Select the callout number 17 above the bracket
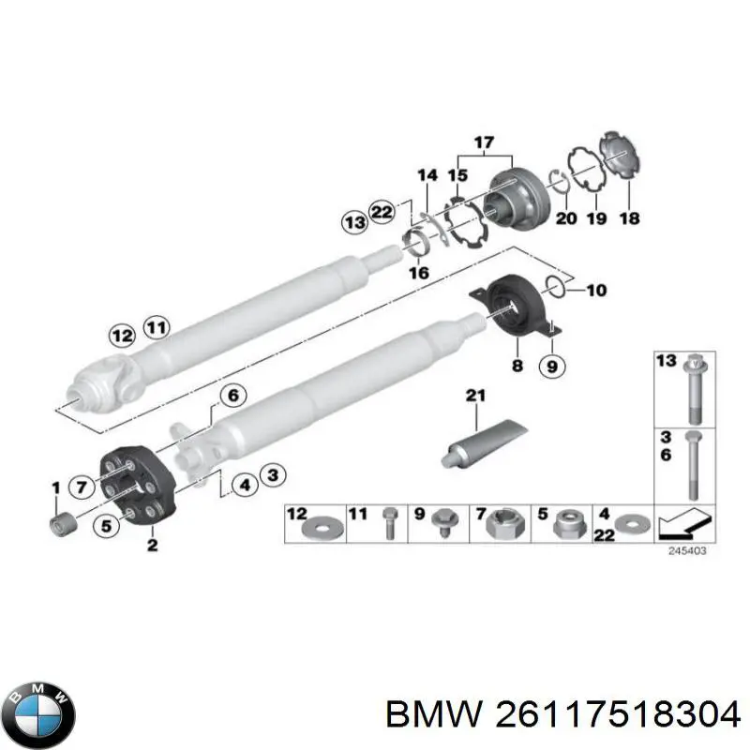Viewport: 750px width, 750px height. tap(484, 143)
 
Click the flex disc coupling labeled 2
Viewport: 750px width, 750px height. tap(133, 487)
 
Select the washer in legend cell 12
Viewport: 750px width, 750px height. tap(318, 528)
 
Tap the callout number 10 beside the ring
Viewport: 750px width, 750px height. tap(596, 290)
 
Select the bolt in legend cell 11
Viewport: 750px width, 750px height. tap(385, 526)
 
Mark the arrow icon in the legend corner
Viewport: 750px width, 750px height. tap(685, 523)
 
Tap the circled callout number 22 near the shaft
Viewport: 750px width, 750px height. tap(382, 213)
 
